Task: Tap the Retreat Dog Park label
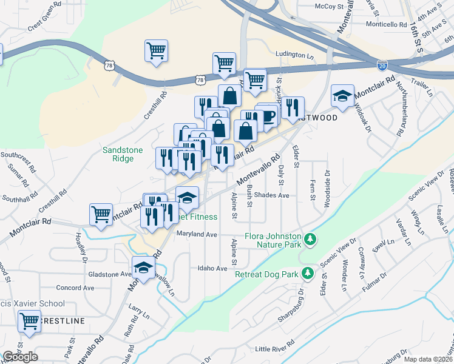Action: (267, 274)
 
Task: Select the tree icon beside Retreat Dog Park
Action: (308, 274)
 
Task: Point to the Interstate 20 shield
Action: (382, 64)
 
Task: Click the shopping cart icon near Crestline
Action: (29, 322)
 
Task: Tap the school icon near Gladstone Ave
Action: (143, 268)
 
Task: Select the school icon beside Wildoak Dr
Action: (342, 96)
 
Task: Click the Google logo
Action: (20, 357)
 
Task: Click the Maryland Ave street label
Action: (197, 234)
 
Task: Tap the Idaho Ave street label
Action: (212, 268)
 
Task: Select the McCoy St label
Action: (314, 6)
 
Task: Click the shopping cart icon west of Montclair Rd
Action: (100, 214)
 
